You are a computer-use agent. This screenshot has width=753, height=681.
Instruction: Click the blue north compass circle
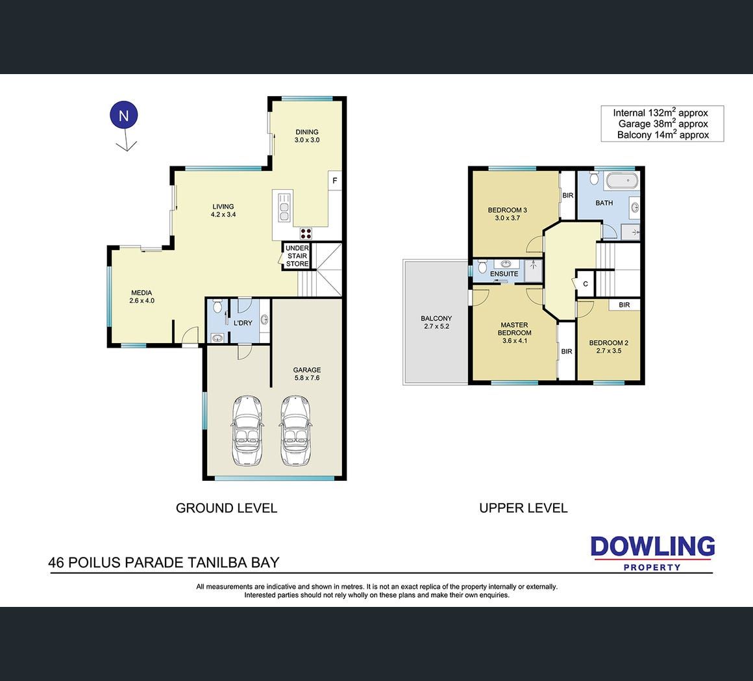124,115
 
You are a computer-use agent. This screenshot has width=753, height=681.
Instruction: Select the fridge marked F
335,181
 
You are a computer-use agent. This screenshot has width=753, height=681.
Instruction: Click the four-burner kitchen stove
306,233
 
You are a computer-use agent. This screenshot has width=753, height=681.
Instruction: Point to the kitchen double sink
284,207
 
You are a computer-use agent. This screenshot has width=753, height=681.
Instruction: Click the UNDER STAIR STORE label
297,255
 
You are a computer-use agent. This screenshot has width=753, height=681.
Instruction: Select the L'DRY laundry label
243,323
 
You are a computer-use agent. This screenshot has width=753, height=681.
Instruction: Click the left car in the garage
247,431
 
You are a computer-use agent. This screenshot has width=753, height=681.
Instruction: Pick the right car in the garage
295,431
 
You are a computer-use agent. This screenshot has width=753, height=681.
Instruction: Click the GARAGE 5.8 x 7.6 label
307,374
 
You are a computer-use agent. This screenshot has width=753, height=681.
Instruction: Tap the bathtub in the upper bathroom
622,181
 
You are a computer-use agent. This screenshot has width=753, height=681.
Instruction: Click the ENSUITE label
504,274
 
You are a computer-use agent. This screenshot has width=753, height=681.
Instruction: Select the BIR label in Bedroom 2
624,305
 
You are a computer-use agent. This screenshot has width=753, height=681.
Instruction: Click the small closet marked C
586,284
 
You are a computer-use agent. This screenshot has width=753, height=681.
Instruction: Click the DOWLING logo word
652,547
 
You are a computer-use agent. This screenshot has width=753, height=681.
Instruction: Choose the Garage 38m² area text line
663,123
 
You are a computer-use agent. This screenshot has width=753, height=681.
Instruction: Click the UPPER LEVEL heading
523,508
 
